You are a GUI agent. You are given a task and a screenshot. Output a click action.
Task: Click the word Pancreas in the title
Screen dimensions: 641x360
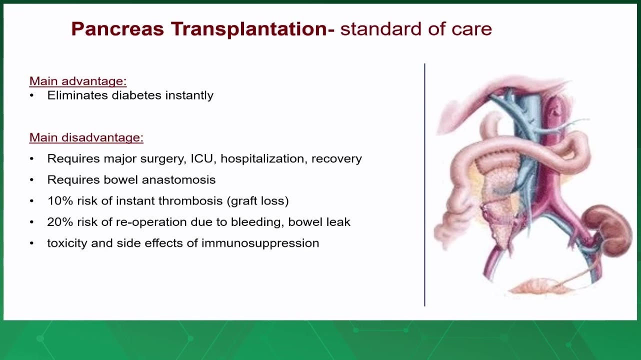[x=117, y=29]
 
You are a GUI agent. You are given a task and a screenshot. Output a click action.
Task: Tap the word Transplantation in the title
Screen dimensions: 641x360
[x=249, y=29]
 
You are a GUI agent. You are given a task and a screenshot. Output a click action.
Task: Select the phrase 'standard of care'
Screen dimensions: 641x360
[x=416, y=29]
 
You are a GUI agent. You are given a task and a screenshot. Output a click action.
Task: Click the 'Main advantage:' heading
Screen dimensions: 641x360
[x=78, y=81]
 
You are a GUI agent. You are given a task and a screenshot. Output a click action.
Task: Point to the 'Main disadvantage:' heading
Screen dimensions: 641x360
[x=86, y=137]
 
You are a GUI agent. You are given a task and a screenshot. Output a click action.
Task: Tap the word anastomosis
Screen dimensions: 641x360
[x=178, y=179]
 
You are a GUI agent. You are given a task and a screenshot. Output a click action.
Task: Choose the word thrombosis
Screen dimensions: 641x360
[x=190, y=201]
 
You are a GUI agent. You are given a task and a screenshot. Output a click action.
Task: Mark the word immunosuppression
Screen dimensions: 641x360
[x=260, y=243]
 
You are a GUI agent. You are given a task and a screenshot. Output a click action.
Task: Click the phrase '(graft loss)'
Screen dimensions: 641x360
[x=258, y=201]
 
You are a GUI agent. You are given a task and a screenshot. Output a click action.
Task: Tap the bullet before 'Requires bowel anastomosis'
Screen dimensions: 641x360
[x=32, y=180]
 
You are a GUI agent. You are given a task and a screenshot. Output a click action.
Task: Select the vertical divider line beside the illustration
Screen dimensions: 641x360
[x=424, y=185]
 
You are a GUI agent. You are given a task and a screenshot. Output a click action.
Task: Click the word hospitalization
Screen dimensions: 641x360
[x=262, y=159]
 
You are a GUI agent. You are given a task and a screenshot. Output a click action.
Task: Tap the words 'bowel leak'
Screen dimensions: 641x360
[x=319, y=222]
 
